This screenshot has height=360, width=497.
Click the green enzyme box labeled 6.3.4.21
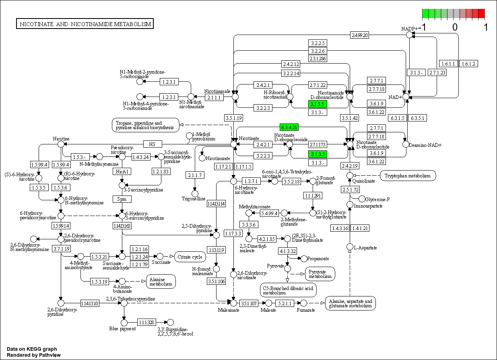click(289, 127)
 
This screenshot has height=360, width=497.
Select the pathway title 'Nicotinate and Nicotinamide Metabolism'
click(85, 24)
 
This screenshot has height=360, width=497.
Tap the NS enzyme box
click(152, 144)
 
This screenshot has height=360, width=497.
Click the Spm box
click(122, 199)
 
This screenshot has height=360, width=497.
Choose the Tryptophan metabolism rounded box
click(408, 175)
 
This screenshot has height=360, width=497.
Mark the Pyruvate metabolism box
click(320, 274)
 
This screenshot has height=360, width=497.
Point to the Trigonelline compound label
click(194, 199)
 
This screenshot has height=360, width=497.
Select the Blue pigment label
click(122, 329)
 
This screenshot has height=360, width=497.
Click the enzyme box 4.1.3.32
click(287, 251)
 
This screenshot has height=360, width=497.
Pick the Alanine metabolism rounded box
click(161, 281)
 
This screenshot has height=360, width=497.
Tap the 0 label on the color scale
click(455, 27)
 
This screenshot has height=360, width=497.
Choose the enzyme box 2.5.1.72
click(350, 189)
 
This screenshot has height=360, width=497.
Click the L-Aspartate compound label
click(366, 248)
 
